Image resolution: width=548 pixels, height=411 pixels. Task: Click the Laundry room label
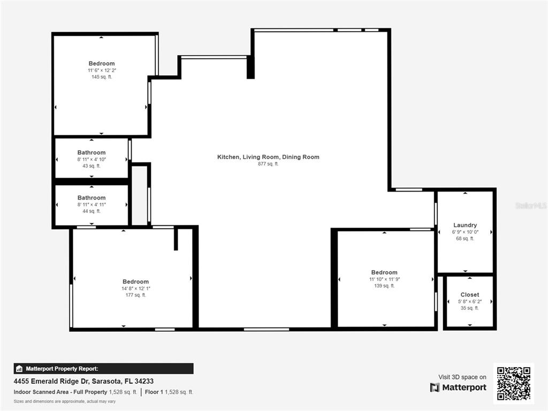coord(465,225)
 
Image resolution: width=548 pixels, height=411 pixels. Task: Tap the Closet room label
coord(470,295)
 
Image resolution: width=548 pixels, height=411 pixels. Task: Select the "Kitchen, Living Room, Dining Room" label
coord(268,157)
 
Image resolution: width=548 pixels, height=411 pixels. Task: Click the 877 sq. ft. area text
coord(268,164)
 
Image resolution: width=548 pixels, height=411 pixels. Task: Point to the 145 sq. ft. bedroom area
coord(102,77)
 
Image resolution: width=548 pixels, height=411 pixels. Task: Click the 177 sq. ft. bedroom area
coord(135,295)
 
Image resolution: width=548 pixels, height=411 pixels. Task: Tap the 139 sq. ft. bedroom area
coord(384,286)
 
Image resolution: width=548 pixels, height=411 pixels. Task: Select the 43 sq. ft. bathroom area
coord(91,166)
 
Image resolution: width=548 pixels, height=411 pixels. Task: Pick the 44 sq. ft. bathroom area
coord(91,211)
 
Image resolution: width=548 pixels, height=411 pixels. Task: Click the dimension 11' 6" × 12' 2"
coord(102,70)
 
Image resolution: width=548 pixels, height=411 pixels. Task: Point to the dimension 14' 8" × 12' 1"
coord(135,288)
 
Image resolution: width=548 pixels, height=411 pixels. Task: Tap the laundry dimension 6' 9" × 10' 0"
coord(465,232)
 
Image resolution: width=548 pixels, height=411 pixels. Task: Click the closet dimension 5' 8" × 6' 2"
coord(470,301)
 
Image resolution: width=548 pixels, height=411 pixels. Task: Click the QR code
coord(514,383)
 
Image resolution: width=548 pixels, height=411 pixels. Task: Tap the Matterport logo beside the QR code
coord(458,387)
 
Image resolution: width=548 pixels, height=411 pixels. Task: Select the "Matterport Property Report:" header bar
coord(103,369)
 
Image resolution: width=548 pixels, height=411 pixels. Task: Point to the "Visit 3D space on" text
coord(462,377)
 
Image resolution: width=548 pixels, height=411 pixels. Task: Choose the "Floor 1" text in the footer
coord(154,392)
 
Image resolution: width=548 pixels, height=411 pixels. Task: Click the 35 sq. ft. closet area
coord(470,308)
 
